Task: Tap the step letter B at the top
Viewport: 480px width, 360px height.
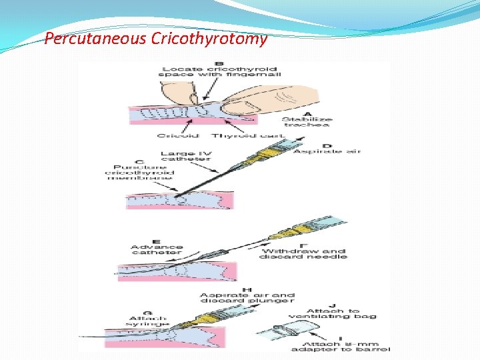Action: click(x=201, y=64)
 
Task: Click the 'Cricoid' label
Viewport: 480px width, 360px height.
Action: click(x=174, y=136)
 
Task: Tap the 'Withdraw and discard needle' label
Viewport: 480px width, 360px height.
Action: click(x=303, y=251)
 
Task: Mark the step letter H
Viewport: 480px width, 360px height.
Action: click(x=246, y=289)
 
